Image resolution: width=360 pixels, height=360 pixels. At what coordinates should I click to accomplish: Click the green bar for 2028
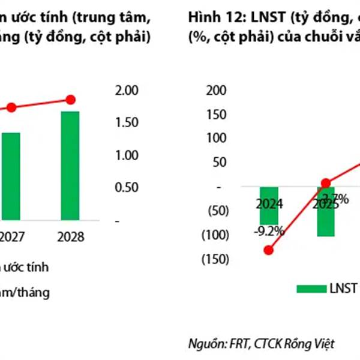click(71, 166)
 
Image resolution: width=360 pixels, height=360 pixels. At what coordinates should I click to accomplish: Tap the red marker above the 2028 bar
click(71, 100)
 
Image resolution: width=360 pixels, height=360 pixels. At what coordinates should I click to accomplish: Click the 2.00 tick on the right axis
click(128, 90)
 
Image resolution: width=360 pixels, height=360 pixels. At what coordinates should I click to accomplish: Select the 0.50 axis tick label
click(128, 187)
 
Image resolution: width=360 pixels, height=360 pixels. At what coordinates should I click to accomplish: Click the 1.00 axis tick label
click(128, 155)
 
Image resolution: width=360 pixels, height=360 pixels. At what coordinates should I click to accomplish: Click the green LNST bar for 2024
click(268, 205)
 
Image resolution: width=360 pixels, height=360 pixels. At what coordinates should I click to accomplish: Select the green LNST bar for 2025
click(326, 211)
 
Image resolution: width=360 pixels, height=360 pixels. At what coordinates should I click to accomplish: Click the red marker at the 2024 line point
click(268, 250)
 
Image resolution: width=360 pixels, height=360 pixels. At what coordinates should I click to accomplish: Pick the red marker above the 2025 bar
click(326, 184)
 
